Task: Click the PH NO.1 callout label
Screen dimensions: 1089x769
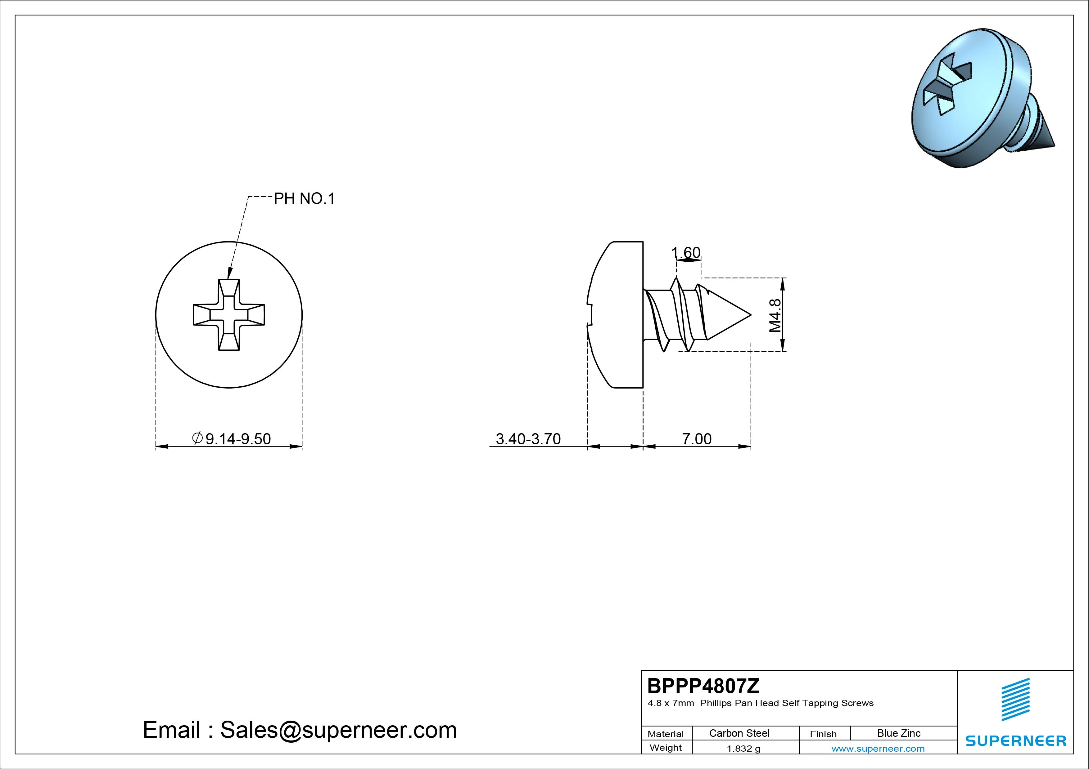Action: click(x=305, y=198)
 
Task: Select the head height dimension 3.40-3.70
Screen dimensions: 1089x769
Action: click(x=528, y=439)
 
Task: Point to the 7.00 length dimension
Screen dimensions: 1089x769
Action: click(x=697, y=439)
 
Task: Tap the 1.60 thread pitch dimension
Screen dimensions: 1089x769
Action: click(x=686, y=252)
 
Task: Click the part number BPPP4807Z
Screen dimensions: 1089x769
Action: click(x=703, y=686)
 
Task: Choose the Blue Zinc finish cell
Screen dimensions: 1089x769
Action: click(x=899, y=733)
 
